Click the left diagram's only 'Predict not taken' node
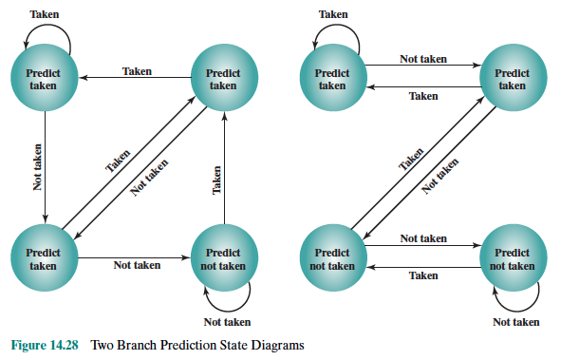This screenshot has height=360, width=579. coord(223,259)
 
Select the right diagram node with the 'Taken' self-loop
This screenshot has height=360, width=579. coord(331,79)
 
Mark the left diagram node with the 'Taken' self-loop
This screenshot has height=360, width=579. coord(43,79)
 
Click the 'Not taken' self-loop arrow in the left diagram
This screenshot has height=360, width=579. coord(234,298)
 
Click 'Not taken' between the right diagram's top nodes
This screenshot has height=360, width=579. coord(422,59)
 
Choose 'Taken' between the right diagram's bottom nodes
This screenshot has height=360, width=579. coord(422,275)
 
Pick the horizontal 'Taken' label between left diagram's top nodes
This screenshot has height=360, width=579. coord(137,71)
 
